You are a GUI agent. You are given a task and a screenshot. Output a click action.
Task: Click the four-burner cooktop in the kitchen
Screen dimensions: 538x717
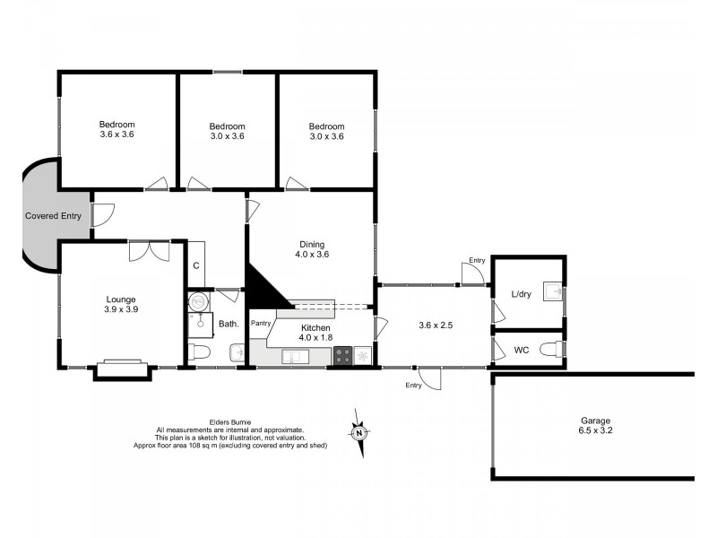pos(343,356)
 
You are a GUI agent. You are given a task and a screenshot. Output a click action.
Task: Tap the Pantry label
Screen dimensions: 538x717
pos(261,323)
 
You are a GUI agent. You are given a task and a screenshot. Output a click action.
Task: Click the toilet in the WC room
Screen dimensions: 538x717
pos(557,350)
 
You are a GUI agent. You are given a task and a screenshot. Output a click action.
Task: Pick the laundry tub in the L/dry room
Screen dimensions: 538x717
pos(555,291)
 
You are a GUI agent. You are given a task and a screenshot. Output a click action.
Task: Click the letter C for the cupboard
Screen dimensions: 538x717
pos(196,266)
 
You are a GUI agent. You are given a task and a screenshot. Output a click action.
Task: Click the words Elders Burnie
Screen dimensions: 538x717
pos(230,421)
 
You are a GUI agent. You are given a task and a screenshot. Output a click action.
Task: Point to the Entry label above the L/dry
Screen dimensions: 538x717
pos(476,261)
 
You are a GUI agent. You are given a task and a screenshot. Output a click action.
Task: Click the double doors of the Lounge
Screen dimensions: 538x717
pos(149,250)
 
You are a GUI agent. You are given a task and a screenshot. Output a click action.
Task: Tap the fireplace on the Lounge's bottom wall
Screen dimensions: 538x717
pos(120,368)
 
